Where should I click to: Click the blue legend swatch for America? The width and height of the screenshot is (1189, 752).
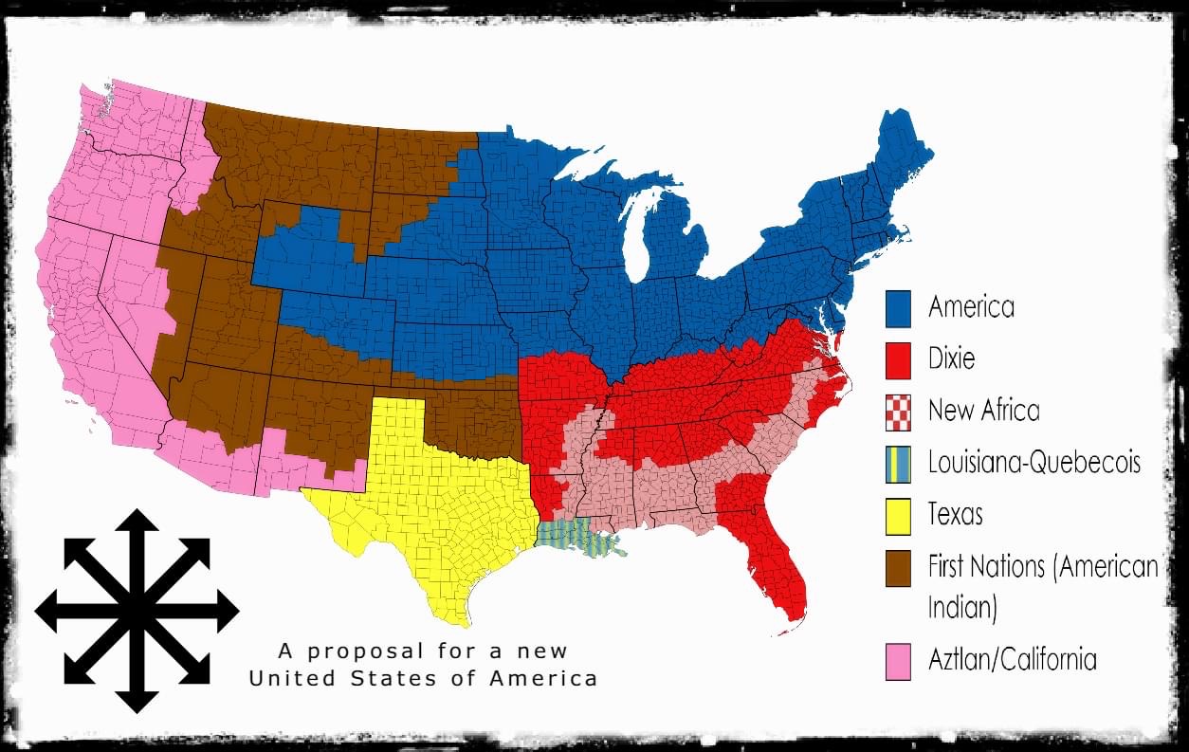click(x=898, y=307)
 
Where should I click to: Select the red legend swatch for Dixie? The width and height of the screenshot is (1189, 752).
click(x=898, y=359)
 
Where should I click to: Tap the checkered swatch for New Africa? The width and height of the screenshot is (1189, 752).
click(x=898, y=412)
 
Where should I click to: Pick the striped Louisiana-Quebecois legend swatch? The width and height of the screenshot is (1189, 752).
click(x=898, y=464)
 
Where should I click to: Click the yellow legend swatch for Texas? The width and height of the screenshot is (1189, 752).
click(x=898, y=516)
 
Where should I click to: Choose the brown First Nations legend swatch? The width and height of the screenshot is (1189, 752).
click(x=898, y=568)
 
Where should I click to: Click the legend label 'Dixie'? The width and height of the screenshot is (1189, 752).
click(x=951, y=359)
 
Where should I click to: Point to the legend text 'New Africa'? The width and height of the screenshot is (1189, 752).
click(x=983, y=412)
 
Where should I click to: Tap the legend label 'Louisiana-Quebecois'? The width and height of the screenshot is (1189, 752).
click(x=1034, y=464)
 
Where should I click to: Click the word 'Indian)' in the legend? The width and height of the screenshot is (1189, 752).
click(x=961, y=608)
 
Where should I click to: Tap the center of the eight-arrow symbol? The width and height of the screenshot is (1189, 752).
click(x=137, y=612)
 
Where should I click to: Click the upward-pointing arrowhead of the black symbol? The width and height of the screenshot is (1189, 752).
click(x=137, y=522)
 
